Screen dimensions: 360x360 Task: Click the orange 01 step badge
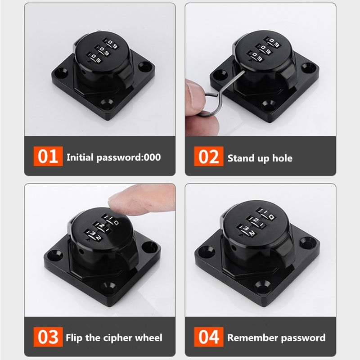pos(48,157)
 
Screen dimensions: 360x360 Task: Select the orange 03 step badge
pos(48,337)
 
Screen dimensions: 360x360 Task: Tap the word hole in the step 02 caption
pos(282,158)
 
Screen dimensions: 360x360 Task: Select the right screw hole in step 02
pos(307,68)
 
